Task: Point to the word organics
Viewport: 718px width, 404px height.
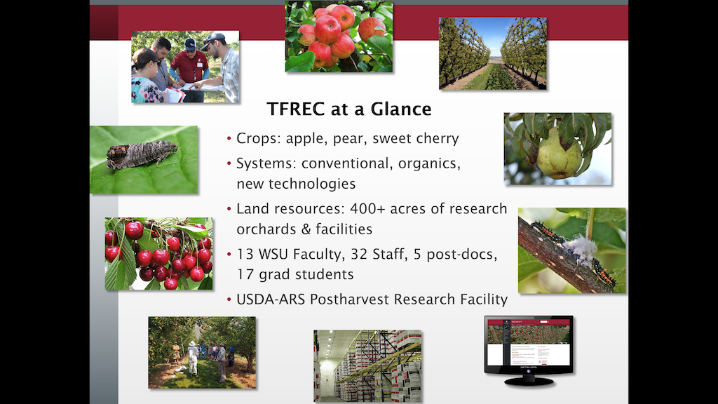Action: click(429, 164)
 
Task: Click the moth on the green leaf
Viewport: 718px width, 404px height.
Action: click(141, 155)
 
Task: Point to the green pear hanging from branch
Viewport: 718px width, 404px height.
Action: click(558, 154)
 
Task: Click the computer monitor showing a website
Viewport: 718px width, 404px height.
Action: click(529, 350)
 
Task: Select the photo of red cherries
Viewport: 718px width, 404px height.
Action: click(159, 254)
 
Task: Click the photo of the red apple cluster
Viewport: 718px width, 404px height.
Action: click(339, 36)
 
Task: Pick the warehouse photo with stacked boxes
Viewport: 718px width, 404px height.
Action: click(367, 366)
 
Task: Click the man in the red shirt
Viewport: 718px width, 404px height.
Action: click(189, 69)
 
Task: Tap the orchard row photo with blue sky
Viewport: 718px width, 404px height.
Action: click(493, 53)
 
